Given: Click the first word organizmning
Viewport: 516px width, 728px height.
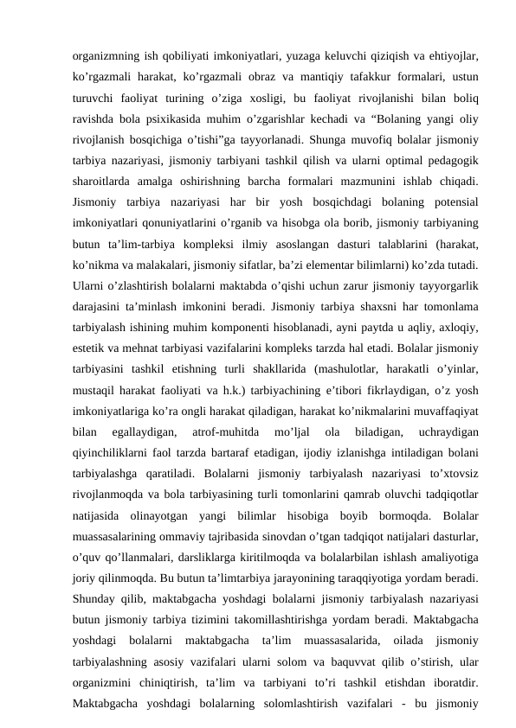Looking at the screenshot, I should pos(104,53).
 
